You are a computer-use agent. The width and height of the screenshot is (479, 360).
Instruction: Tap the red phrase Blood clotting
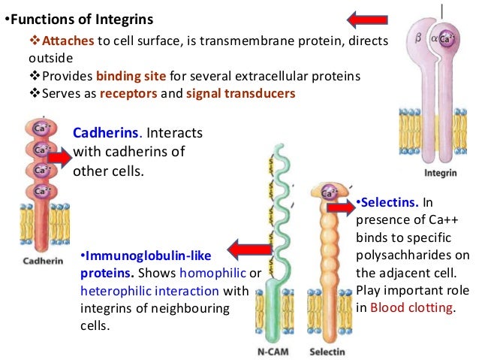(x=412, y=306)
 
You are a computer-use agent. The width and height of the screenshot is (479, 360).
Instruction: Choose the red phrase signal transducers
(x=246, y=93)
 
